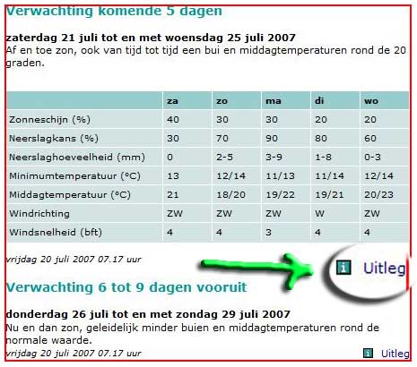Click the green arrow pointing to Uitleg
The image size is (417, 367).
(257, 268)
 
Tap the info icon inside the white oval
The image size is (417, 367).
(343, 268)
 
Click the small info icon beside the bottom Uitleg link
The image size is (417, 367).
(368, 354)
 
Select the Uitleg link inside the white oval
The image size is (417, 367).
(385, 269)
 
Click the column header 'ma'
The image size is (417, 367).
(274, 101)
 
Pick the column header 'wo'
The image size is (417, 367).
(371, 101)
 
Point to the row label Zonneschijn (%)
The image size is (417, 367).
(49, 120)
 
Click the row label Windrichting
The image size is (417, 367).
(39, 214)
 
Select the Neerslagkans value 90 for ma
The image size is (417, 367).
(272, 139)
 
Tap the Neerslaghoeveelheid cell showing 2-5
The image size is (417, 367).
(224, 158)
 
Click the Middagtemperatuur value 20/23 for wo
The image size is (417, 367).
(378, 195)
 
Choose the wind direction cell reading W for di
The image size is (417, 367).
(319, 214)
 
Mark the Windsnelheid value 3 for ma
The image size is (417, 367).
(269, 233)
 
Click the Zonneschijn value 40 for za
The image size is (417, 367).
(173, 120)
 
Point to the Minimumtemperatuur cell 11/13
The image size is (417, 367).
(280, 176)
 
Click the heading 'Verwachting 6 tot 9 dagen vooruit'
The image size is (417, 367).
(126, 287)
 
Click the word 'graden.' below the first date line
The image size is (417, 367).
(25, 64)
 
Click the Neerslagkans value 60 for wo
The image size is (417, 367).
(370, 139)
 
